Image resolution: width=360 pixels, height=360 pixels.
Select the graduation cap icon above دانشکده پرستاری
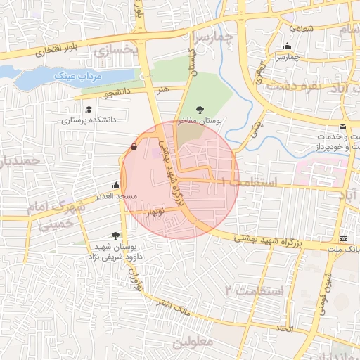89,109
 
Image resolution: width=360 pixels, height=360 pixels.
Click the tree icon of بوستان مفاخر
201,110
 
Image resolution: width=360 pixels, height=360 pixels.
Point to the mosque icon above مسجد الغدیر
117,185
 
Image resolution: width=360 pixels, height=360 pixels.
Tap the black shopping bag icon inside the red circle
134,147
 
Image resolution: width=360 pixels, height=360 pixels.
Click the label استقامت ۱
250,182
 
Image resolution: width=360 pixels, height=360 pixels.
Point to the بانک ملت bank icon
343,239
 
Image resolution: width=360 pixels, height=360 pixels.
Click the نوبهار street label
155,211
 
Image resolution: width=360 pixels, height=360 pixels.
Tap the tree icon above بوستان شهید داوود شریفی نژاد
116,236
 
